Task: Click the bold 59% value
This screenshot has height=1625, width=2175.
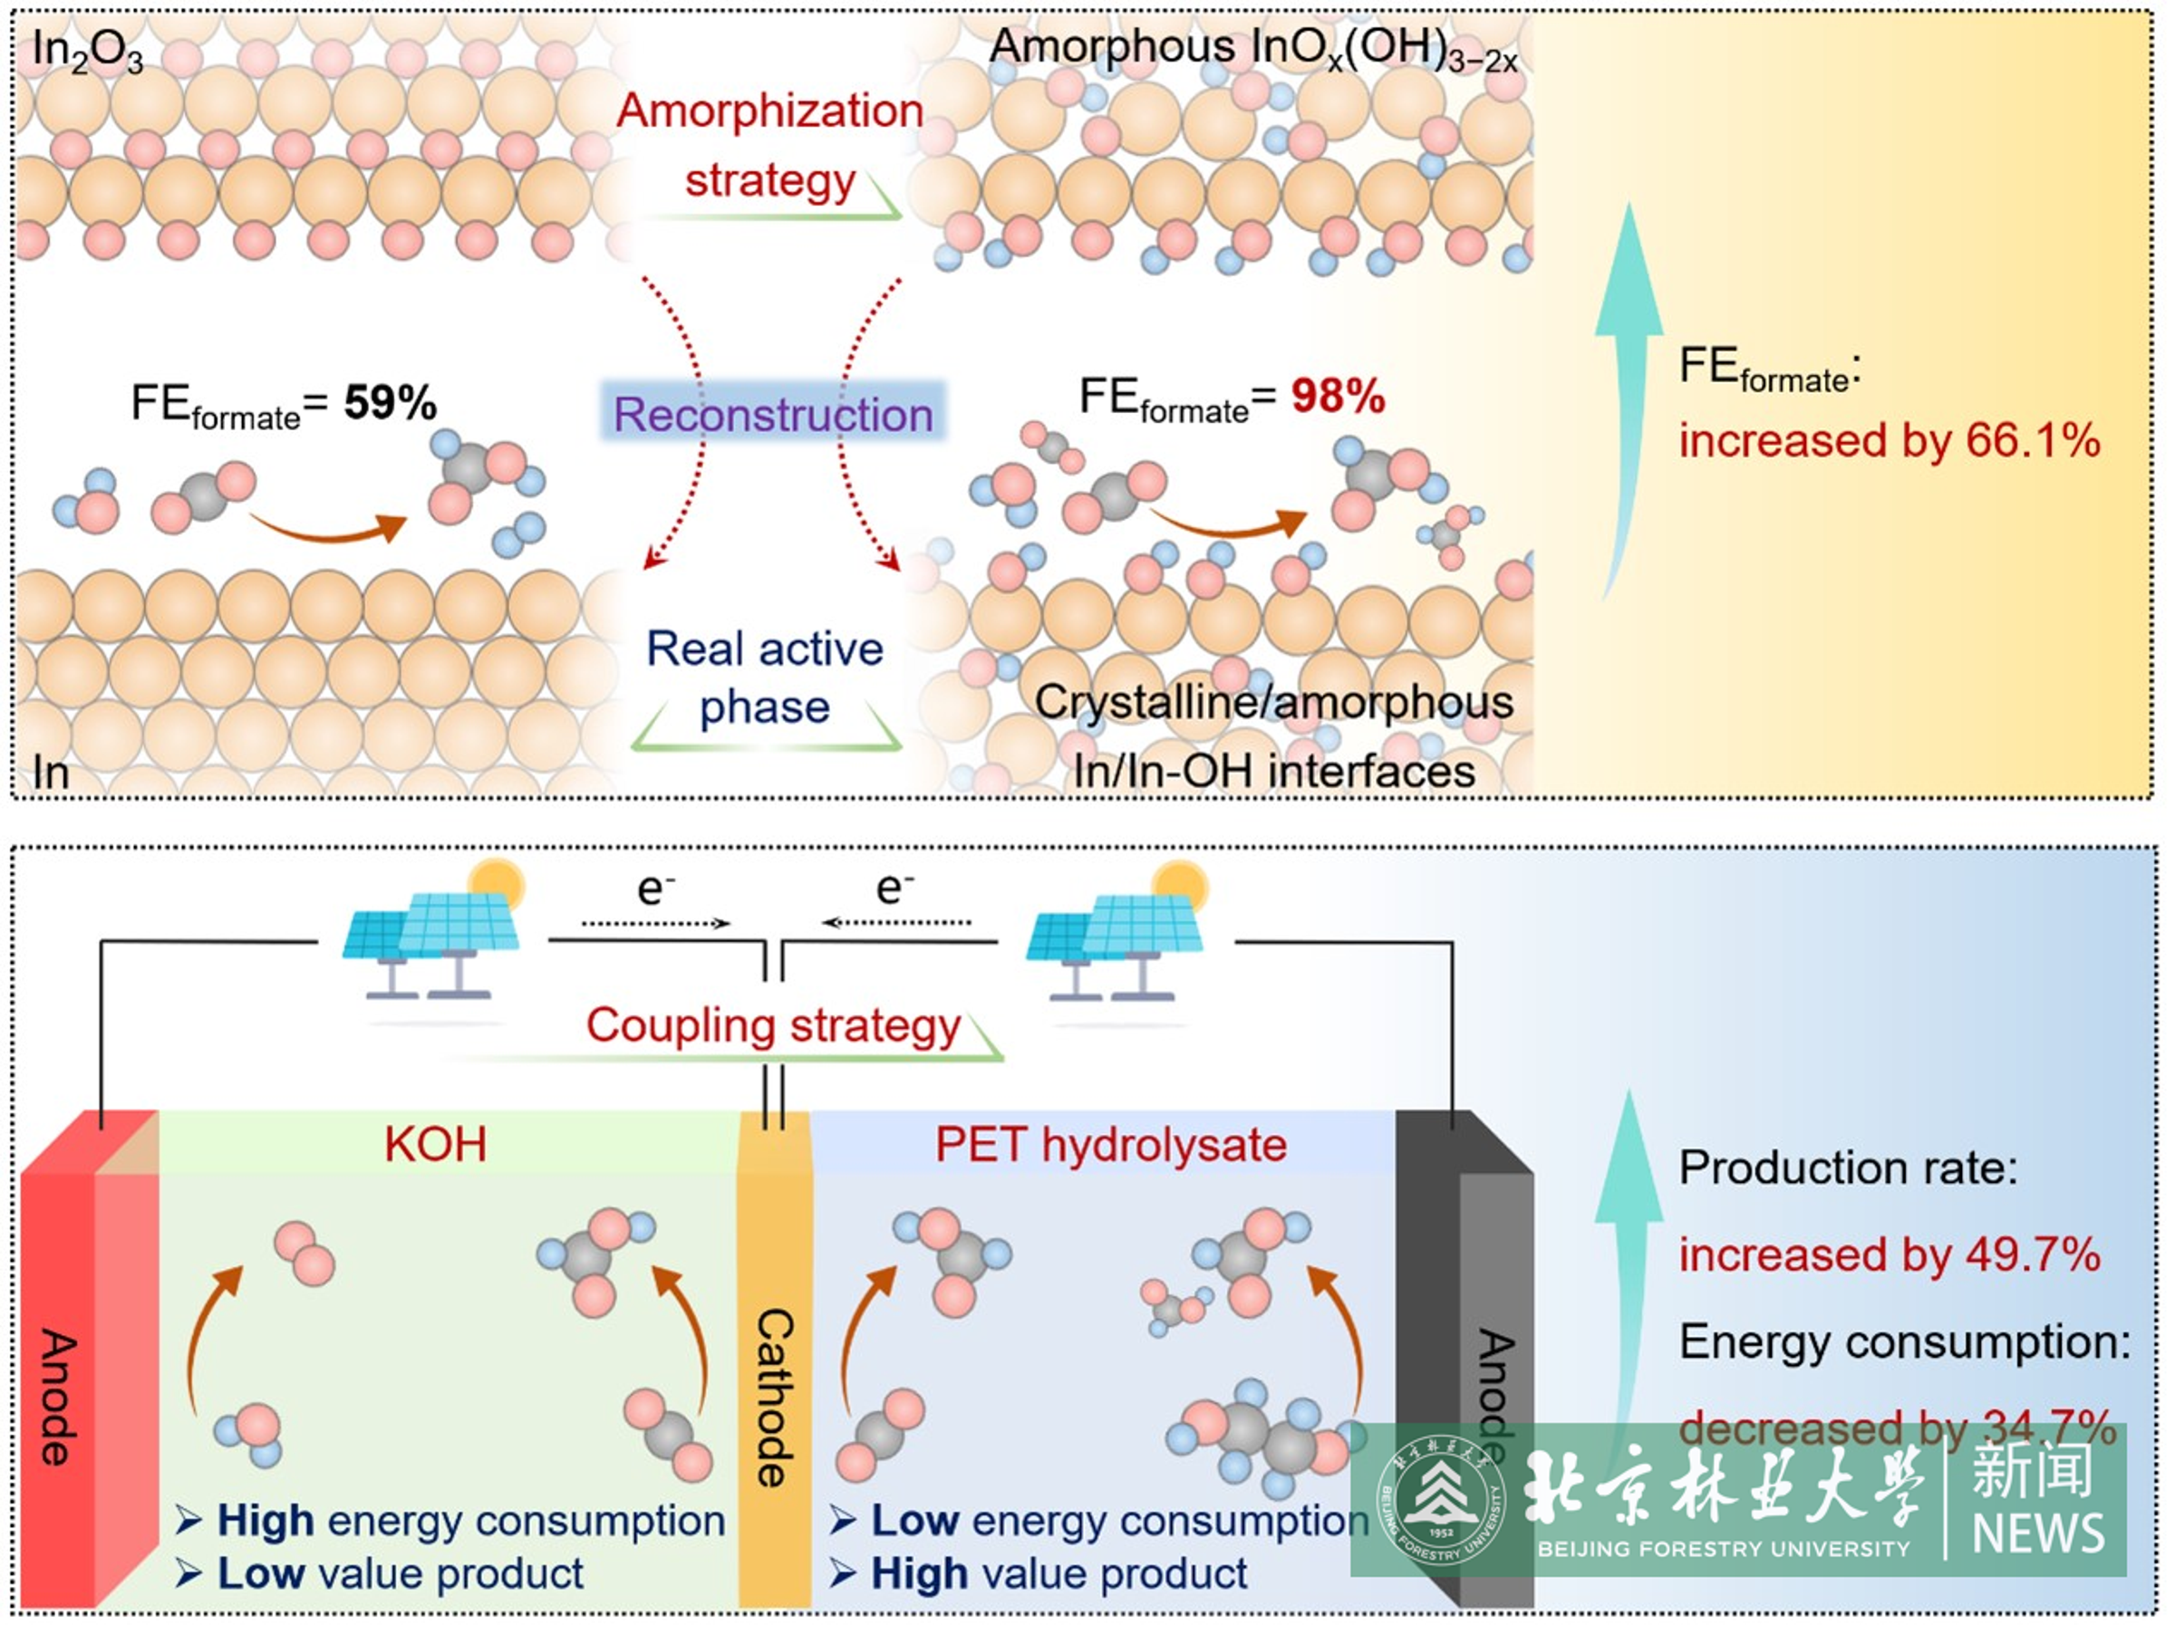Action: click(x=390, y=403)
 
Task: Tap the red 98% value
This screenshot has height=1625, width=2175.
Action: click(x=1338, y=397)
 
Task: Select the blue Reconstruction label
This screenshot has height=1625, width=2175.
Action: click(x=773, y=414)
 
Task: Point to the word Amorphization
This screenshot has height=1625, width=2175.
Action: click(x=770, y=111)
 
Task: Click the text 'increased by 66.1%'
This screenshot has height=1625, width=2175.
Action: click(x=1889, y=440)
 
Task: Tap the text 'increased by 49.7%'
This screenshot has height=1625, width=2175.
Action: click(x=1889, y=1255)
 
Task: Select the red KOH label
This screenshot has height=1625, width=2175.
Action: click(x=435, y=1145)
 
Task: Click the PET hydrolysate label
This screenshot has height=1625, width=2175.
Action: click(x=1110, y=1145)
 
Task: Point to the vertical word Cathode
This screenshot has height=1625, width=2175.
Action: click(x=775, y=1396)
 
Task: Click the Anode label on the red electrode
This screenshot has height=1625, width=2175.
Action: click(x=57, y=1396)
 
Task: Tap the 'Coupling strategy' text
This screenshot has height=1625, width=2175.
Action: click(x=773, y=1025)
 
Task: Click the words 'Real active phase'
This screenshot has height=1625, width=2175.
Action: click(x=765, y=678)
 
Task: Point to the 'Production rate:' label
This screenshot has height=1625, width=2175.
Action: click(x=1848, y=1168)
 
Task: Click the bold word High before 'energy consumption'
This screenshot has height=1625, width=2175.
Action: click(x=266, y=1521)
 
